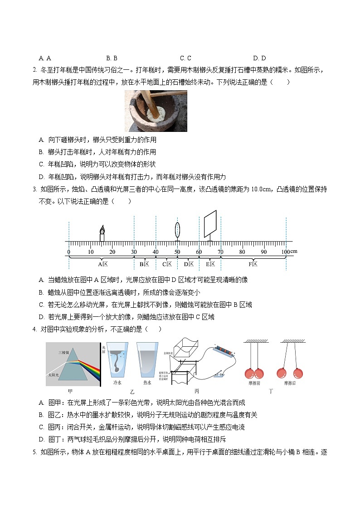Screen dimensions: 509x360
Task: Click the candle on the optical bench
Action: click(x=102, y=233)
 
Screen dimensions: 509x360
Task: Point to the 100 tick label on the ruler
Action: click(x=285, y=252)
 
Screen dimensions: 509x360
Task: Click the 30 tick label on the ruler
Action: click(x=134, y=252)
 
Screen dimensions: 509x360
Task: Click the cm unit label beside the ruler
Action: click(x=294, y=252)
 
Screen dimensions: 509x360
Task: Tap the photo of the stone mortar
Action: click(x=156, y=111)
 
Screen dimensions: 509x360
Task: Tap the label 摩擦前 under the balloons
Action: click(x=255, y=383)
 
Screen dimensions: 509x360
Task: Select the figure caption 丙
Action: click(x=196, y=391)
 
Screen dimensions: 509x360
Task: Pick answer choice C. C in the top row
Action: click(x=185, y=58)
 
